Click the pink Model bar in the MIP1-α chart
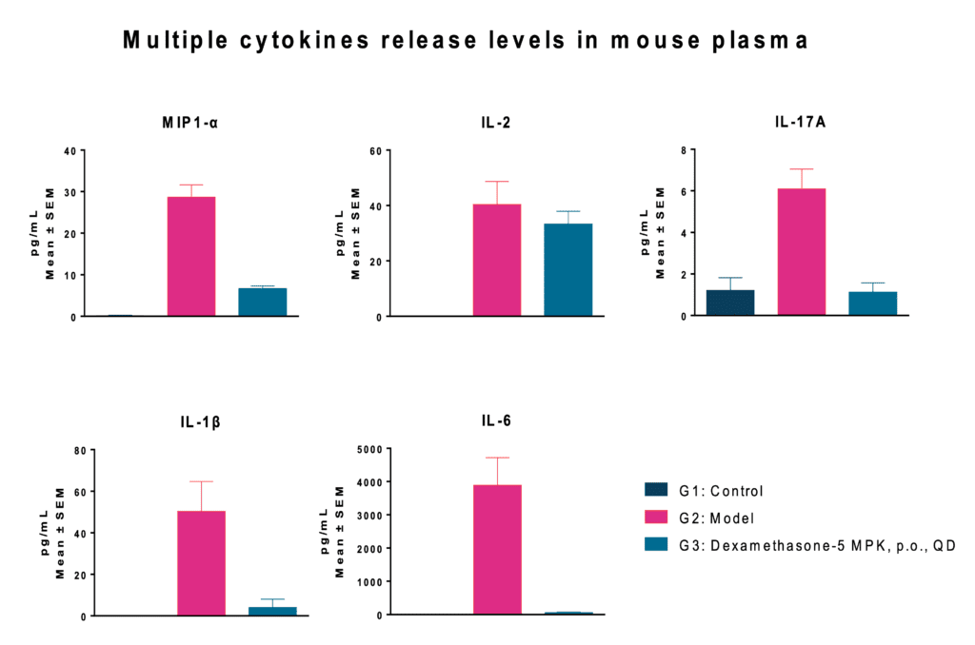(191, 256)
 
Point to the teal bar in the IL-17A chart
(873, 303)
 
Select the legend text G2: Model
(716, 518)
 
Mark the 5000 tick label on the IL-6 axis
(368, 449)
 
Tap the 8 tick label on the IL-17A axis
(684, 150)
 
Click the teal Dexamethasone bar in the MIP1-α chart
(263, 302)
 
